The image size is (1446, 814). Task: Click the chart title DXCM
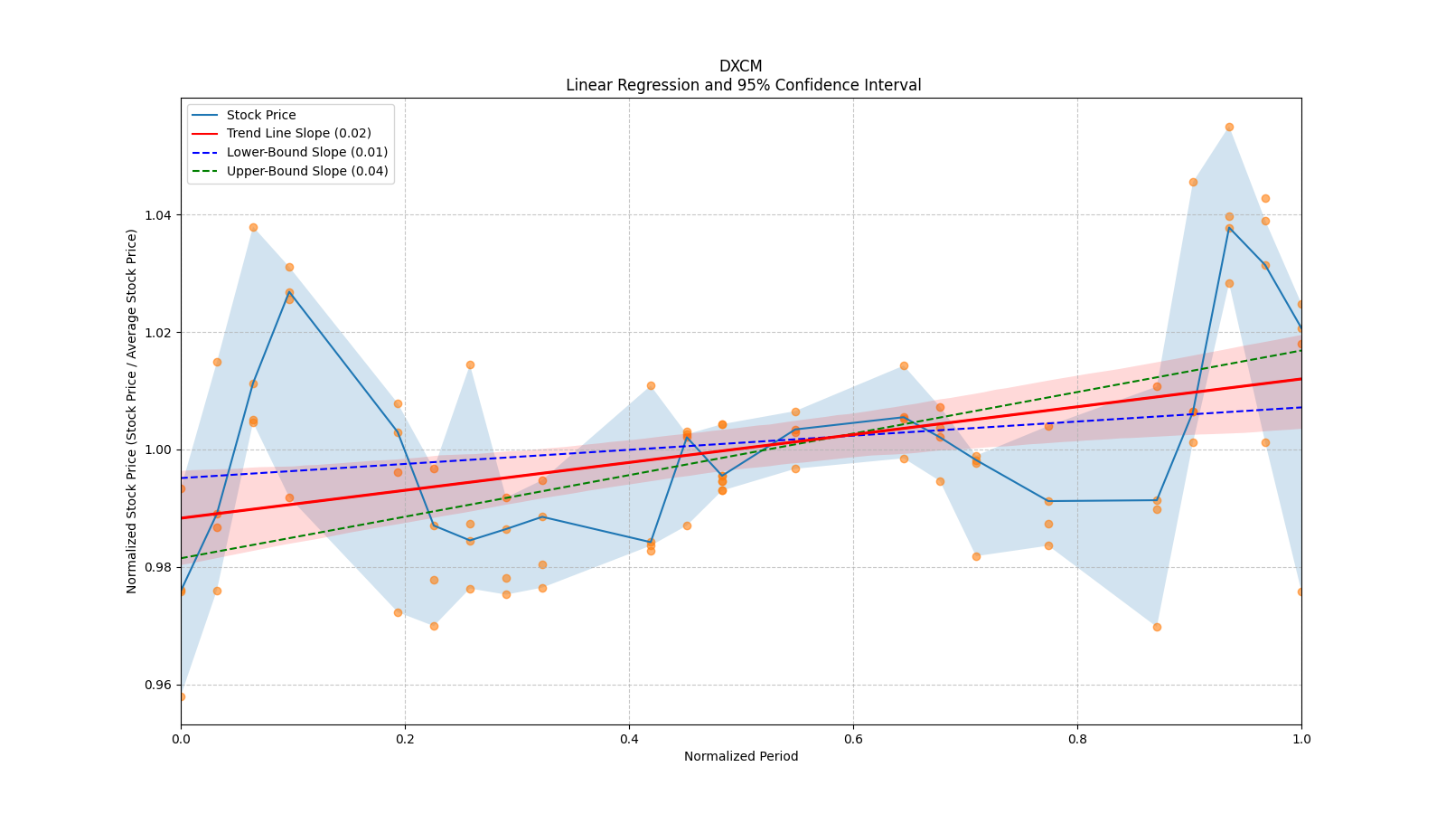[740, 66]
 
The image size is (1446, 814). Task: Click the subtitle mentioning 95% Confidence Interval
[743, 85]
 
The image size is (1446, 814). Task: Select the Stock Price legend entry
[261, 116]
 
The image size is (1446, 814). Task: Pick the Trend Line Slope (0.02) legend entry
[298, 134]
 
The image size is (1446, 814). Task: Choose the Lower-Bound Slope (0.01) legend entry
[306, 153]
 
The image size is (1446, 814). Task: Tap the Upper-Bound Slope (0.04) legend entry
[306, 172]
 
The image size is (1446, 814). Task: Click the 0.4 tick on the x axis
[629, 739]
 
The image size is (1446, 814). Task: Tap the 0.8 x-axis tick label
[1077, 739]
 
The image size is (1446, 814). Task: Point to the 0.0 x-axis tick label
[181, 739]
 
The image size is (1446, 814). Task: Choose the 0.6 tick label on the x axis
[853, 739]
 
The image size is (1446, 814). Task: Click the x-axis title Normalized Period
[741, 757]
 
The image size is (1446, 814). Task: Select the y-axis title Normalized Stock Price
[132, 412]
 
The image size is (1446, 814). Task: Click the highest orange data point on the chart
[1229, 128]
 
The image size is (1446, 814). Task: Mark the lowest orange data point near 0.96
[181, 696]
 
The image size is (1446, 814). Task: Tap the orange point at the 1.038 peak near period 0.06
[253, 228]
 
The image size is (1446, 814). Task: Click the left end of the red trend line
[183, 518]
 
